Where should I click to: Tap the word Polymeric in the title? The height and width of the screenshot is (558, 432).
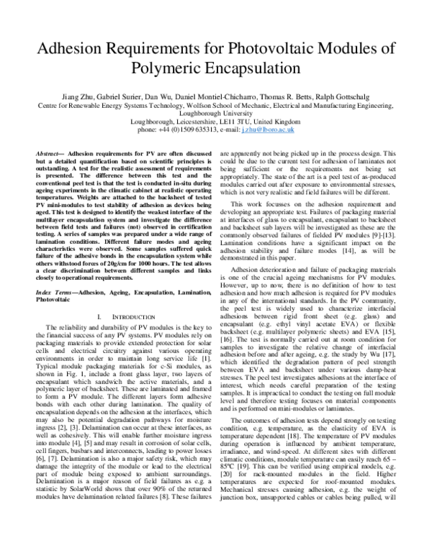pos(176,70)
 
